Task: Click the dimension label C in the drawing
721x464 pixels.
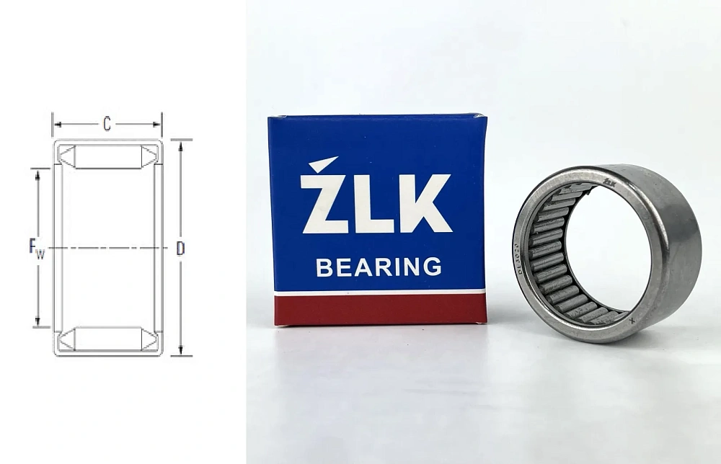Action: pos(107,124)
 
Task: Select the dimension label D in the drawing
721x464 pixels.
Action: pos(180,249)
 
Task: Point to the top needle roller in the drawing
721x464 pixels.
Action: pos(107,156)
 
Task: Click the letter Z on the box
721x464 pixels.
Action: pos(321,204)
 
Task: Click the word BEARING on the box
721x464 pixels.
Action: pos(379,267)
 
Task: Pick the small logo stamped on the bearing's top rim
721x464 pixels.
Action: pos(609,183)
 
